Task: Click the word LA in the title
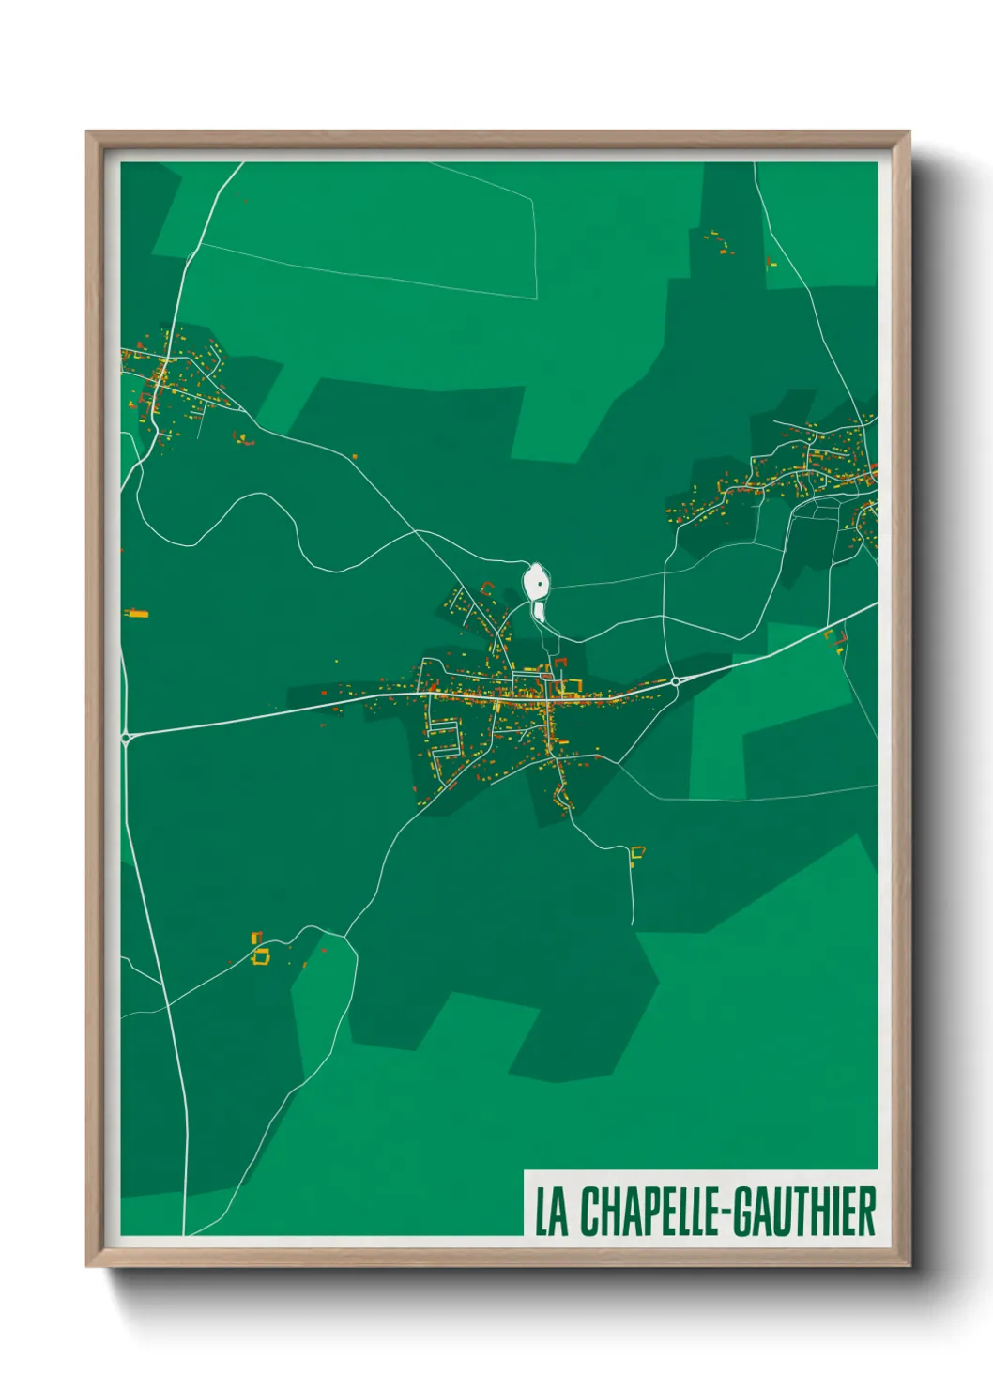552,1212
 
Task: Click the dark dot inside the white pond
540,585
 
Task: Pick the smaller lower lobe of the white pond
540,612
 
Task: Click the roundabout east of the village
675,680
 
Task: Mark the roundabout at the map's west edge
126,737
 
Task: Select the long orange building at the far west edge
138,614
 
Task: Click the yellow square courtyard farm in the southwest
261,955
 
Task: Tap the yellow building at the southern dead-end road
637,853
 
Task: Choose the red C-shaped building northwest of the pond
486,588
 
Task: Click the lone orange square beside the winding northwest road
355,457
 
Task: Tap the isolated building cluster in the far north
718,242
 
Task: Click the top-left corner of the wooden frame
88,133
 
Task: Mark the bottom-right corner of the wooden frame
909,1265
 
